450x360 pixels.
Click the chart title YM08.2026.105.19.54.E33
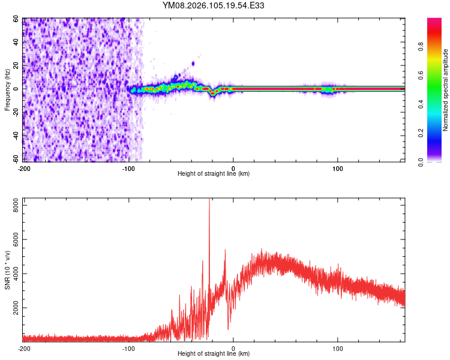click(214, 5)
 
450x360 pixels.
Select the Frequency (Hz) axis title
click(7, 89)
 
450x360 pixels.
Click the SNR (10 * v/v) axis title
click(7, 270)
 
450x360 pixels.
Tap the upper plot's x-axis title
click(214, 174)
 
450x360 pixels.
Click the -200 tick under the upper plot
click(24, 168)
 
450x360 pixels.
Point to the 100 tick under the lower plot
click(338, 348)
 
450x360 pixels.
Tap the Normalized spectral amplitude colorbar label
click(446, 89)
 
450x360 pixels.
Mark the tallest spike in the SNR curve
click(209, 202)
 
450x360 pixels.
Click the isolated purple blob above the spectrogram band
click(193, 63)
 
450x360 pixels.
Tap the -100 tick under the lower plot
click(128, 348)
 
